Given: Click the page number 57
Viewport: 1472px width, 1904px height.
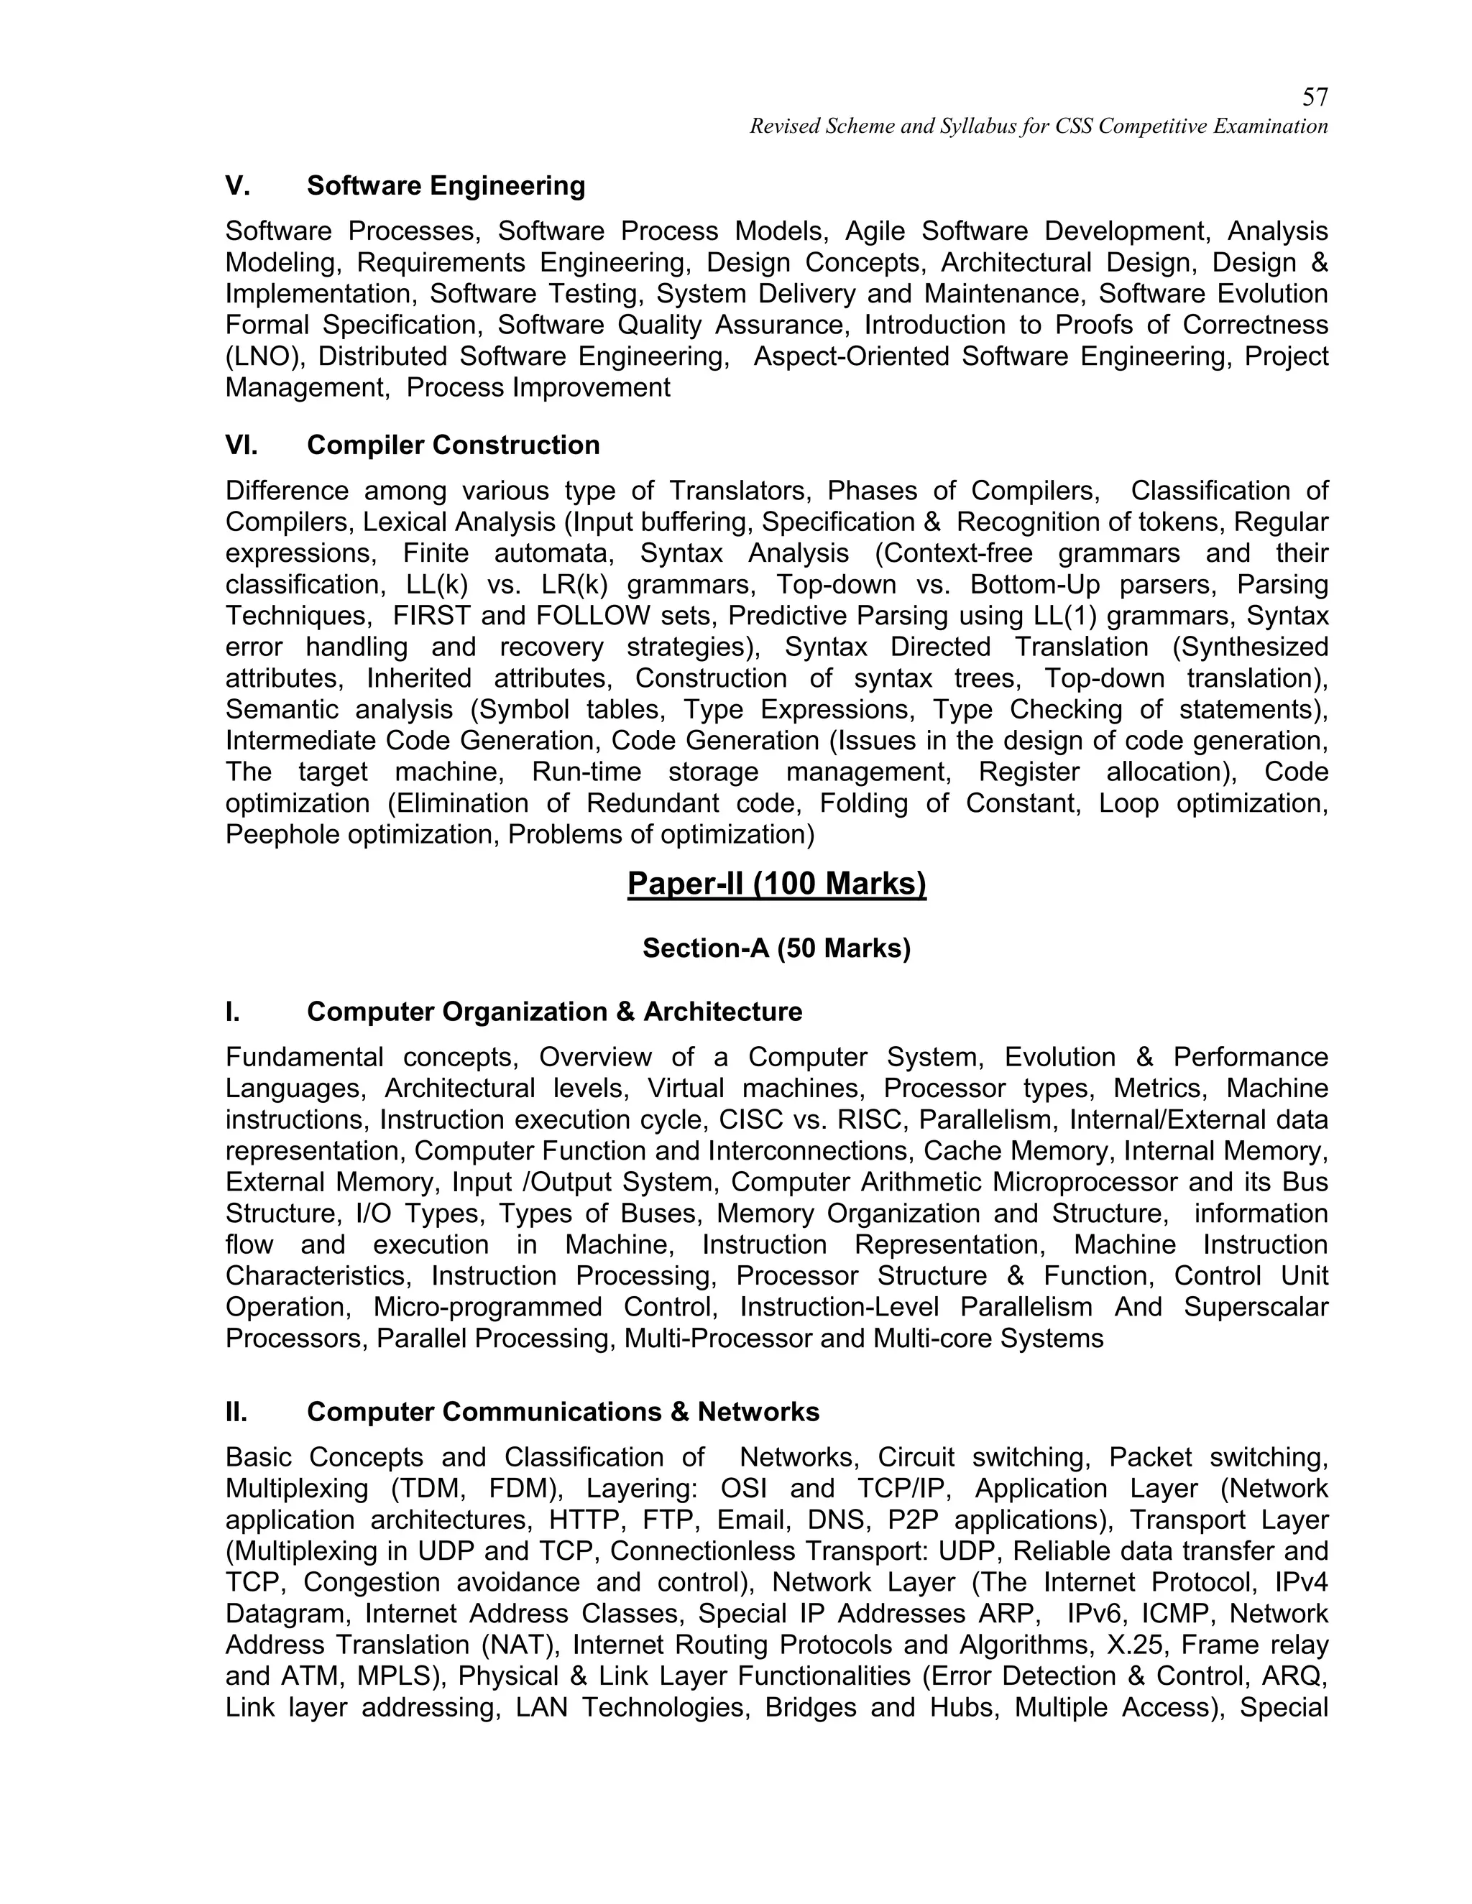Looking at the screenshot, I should coord(1314,97).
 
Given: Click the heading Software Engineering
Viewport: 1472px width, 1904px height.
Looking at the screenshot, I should coord(446,185).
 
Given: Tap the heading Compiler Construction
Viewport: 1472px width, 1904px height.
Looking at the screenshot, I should coord(453,445).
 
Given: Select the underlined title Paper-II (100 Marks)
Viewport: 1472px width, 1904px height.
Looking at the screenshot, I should coord(776,884).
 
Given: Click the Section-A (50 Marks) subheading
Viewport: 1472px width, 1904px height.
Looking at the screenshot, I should coord(776,948).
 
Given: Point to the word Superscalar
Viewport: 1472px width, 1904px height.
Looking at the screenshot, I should coord(1256,1308).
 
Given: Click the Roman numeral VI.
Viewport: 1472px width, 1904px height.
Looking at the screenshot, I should coord(241,445).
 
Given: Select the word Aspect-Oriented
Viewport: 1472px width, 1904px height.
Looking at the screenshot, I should coord(850,356).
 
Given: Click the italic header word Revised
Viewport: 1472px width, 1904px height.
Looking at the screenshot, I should coord(781,127).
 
